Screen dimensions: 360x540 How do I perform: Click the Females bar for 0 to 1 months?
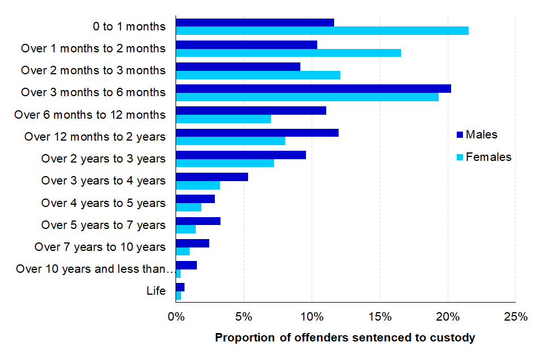(322, 31)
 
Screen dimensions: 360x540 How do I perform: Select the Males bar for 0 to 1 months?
(255, 22)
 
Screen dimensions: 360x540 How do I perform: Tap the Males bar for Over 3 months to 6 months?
(313, 89)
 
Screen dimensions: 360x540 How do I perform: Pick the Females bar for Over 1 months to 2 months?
(288, 53)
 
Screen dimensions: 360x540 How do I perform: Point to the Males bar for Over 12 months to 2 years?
(257, 133)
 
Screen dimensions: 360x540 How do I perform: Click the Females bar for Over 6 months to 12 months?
(223, 119)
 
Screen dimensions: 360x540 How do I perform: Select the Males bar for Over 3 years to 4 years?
(212, 177)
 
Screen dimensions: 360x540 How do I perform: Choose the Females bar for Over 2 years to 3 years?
(225, 163)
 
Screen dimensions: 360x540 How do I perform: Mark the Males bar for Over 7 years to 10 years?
(192, 243)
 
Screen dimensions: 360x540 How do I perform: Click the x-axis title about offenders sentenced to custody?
(345, 338)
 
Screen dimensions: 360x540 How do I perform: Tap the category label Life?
(156, 291)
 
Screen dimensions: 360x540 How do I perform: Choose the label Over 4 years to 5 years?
(103, 203)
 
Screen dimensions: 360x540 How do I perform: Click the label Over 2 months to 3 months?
(93, 70)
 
